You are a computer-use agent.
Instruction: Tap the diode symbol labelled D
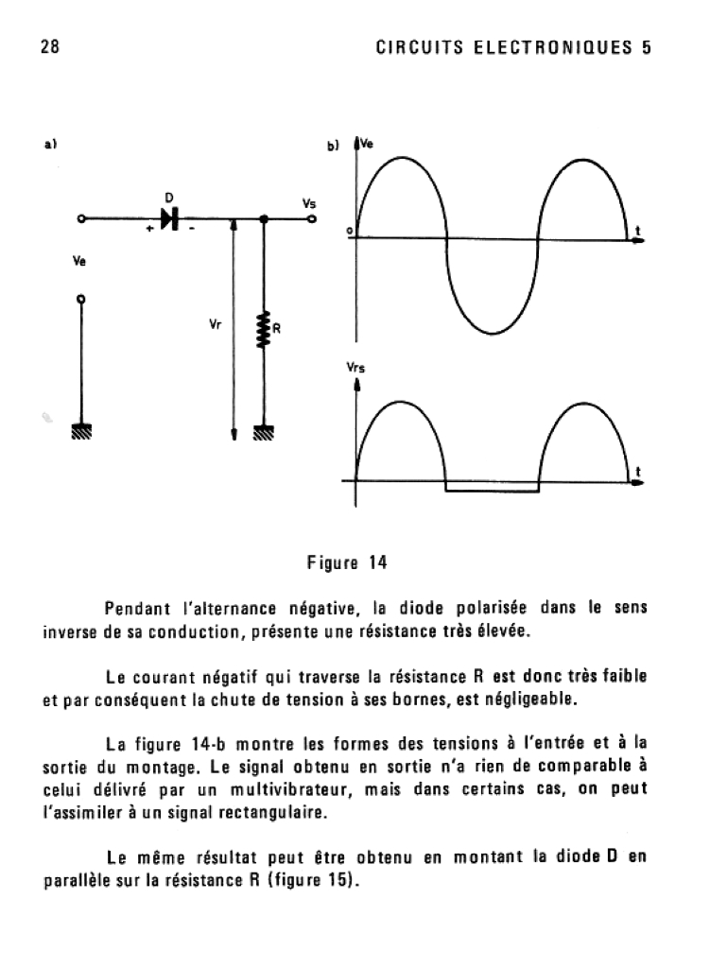170,219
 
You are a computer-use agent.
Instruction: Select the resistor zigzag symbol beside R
265,329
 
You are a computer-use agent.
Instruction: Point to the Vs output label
308,202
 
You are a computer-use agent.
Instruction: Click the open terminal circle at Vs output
311,219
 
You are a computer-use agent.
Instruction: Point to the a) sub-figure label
51,145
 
